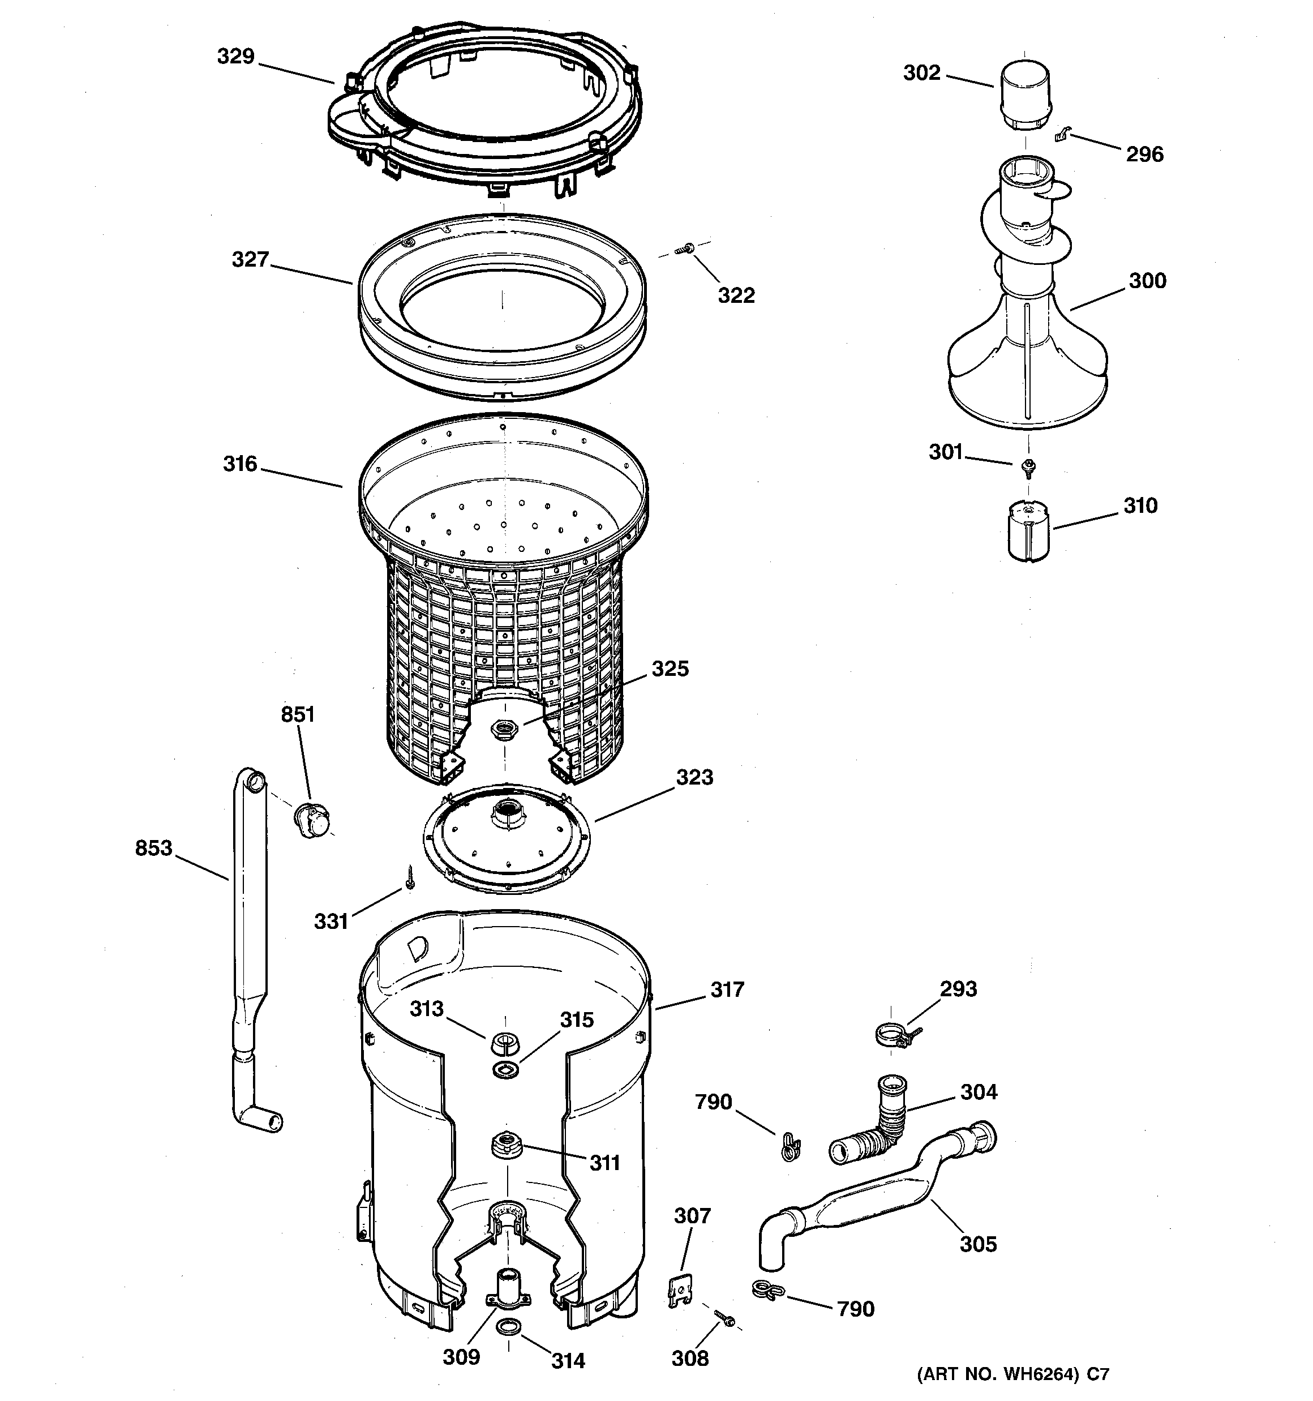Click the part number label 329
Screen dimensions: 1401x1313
point(235,57)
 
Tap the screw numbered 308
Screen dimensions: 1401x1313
point(723,1317)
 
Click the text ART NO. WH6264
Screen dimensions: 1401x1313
point(999,1373)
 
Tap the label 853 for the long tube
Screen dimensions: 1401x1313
point(153,848)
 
